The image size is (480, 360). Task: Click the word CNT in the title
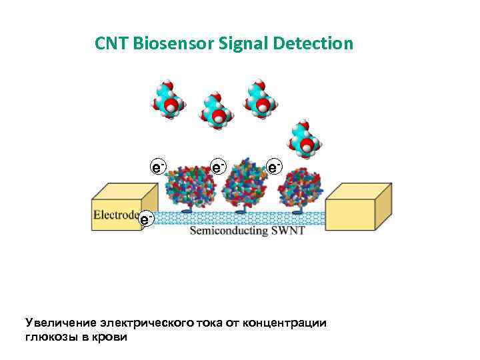[111, 44]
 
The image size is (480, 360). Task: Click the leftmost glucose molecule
[169, 100]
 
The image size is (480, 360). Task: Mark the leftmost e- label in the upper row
[158, 166]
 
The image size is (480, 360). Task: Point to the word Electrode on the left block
[115, 215]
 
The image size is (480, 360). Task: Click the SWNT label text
[288, 231]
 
